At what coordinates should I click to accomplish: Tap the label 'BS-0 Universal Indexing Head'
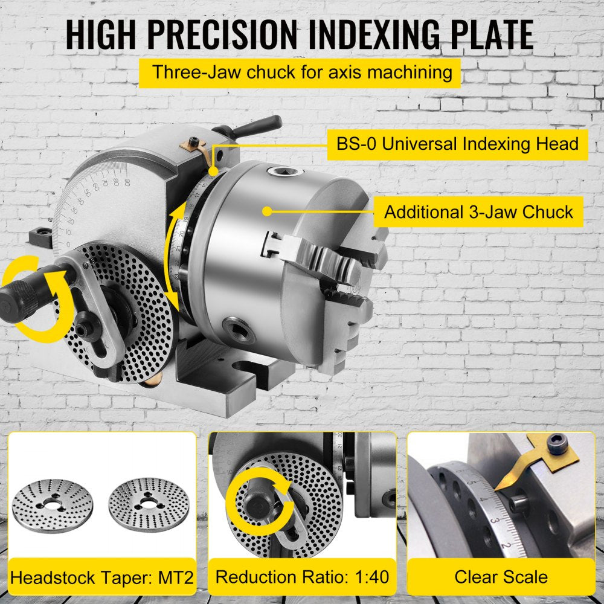(457, 144)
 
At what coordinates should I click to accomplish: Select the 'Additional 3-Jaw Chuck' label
(478, 212)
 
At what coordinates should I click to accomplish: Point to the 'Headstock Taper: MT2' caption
(102, 576)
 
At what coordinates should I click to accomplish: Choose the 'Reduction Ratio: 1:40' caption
(302, 576)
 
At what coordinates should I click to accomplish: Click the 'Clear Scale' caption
(501, 576)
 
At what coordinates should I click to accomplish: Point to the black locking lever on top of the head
(254, 124)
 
